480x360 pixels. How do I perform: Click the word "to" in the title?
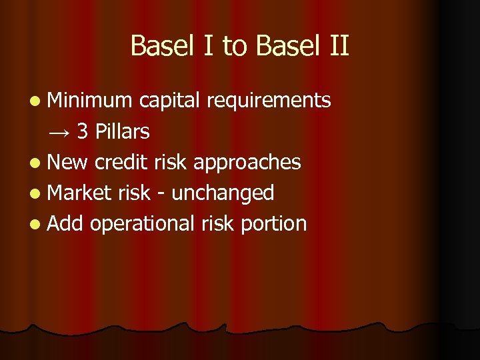tap(235, 47)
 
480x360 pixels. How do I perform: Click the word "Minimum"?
tap(91, 100)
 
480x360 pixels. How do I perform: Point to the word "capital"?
tap(170, 100)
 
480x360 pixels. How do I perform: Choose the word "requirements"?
tap(269, 100)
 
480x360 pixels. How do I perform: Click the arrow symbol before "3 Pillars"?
tap(59, 131)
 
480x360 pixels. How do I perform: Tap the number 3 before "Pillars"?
tap(83, 131)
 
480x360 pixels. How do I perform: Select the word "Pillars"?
tap(123, 131)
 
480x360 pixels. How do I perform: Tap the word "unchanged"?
tap(223, 193)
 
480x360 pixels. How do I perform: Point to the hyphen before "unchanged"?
tap(162, 194)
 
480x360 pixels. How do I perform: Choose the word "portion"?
tap(273, 223)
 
